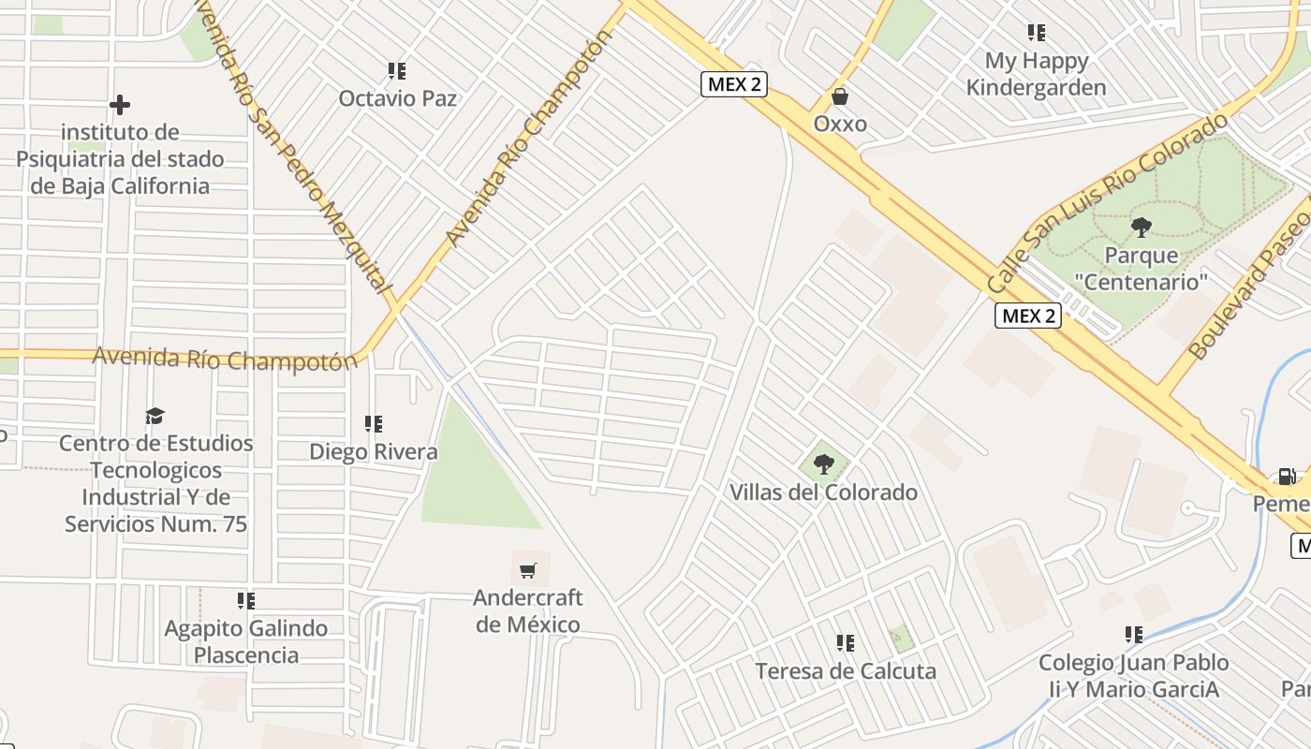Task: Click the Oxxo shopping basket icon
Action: [x=840, y=96]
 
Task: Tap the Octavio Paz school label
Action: [x=397, y=98]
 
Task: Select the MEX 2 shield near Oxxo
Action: [x=734, y=84]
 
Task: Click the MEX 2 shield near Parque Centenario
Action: [x=1028, y=316]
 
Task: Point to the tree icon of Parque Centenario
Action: [x=1141, y=227]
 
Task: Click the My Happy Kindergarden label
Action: [x=1036, y=75]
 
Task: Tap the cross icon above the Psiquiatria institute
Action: [x=120, y=105]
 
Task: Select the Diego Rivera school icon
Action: [x=374, y=424]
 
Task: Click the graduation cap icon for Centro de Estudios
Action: [x=155, y=415]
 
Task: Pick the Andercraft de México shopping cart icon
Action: [x=528, y=569]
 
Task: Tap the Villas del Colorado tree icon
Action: [x=824, y=463]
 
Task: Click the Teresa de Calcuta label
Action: [x=845, y=671]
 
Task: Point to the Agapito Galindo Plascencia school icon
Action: [x=246, y=600]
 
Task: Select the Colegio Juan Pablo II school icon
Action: [x=1134, y=635]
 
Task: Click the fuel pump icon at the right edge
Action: [x=1288, y=477]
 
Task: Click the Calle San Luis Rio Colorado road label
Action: [x=1107, y=200]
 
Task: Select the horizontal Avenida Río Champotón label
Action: [x=225, y=358]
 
